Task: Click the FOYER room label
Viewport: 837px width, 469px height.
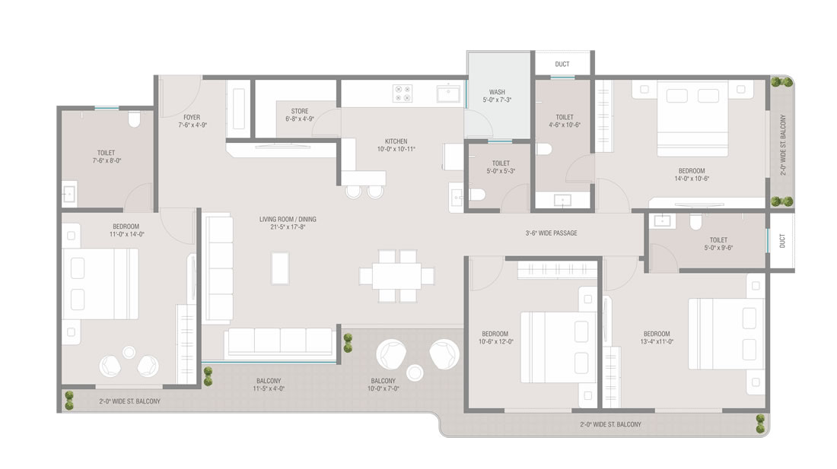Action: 192,117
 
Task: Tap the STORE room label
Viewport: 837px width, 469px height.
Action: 300,112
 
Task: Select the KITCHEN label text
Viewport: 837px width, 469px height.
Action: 396,141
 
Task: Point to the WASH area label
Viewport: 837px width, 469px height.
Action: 497,92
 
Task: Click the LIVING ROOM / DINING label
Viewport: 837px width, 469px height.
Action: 288,219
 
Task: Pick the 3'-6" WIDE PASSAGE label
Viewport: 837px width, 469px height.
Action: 552,233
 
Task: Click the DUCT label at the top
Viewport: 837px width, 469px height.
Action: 562,64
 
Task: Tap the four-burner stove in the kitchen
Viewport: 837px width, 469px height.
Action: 403,93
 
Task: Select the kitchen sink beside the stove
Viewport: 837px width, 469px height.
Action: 448,93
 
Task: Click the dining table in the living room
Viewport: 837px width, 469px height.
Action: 396,276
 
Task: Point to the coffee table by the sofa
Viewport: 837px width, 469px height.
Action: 280,268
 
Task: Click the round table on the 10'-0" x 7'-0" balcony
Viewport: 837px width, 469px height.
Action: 415,372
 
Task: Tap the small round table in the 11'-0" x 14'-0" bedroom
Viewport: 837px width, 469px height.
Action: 129,352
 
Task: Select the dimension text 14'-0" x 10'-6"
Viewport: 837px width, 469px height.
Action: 692,179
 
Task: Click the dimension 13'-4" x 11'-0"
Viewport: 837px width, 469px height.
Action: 657,341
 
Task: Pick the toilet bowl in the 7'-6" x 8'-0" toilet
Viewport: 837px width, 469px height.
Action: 134,119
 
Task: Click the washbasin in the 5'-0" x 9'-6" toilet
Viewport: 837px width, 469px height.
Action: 663,220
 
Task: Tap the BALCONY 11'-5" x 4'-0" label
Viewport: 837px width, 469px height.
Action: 269,385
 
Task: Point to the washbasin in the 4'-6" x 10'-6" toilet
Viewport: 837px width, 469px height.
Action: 562,201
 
